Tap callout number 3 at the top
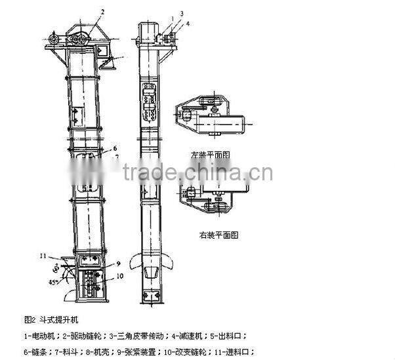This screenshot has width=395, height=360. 182,12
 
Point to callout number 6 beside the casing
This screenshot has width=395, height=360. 114,148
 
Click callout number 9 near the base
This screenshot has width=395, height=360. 119,264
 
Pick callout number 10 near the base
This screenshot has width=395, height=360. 121,276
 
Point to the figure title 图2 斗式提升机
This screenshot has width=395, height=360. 52,321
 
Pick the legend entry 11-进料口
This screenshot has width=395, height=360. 229,351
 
